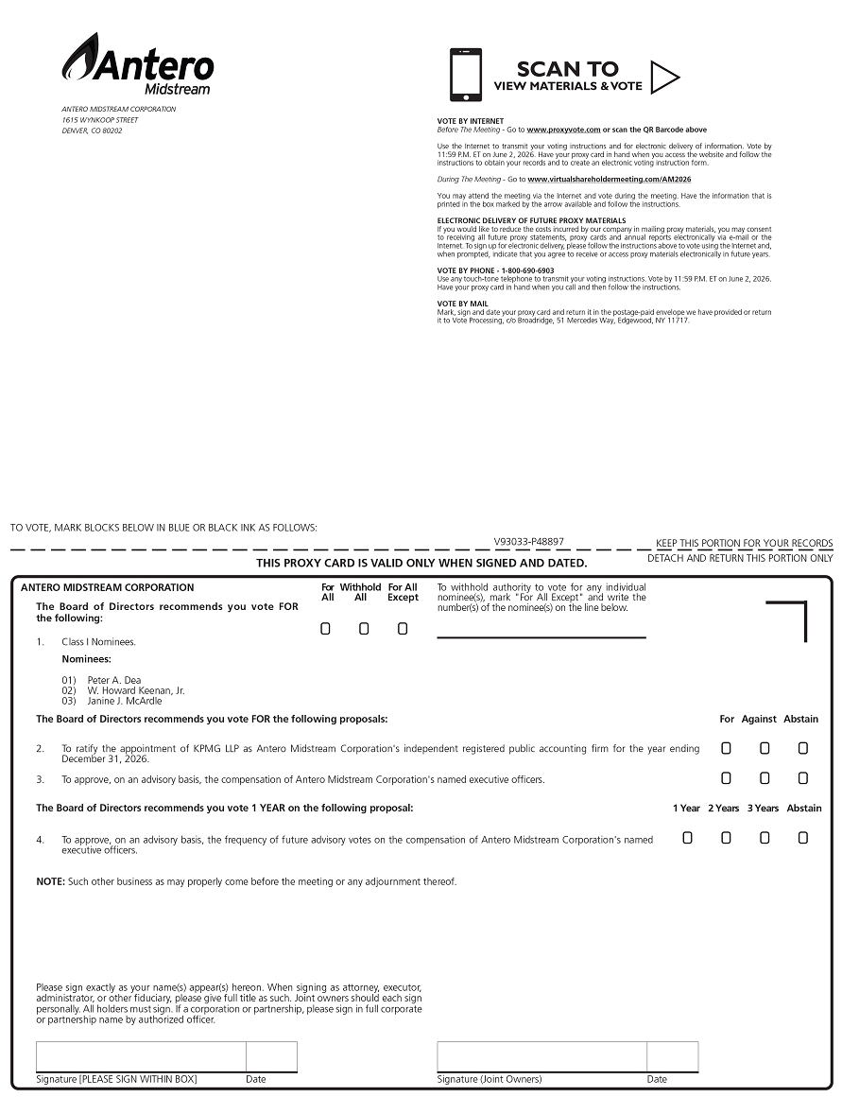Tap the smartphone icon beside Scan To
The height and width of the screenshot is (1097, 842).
466,75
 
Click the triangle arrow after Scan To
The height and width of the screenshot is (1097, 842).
664,78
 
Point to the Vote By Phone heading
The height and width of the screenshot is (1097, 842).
495,270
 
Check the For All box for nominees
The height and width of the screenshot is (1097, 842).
326,629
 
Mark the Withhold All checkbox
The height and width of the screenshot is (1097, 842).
364,629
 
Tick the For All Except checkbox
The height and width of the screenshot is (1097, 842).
403,629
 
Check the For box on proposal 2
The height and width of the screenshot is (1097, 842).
726,748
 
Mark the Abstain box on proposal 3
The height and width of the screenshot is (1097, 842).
802,778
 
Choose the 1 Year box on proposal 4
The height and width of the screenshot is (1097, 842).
687,837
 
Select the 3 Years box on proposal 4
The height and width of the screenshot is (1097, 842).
765,837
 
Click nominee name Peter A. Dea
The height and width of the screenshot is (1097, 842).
114,680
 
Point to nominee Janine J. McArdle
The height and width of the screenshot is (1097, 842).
125,701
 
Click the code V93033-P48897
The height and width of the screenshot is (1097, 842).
528,542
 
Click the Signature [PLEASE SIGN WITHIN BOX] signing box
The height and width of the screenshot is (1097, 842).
141,1056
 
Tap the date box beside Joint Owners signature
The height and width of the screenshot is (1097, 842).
672,1056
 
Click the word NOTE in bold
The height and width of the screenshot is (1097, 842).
50,881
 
